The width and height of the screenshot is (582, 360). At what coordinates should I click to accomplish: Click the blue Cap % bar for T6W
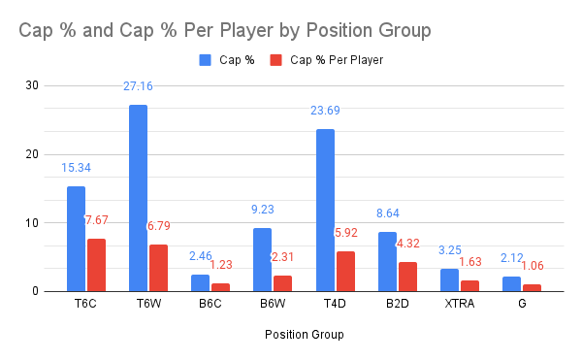tap(138, 198)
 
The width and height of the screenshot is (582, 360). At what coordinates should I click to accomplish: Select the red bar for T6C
tap(96, 265)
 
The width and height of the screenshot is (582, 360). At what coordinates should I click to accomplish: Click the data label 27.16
tap(138, 87)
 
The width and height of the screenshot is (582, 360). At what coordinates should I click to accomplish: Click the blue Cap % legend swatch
tap(205, 60)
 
